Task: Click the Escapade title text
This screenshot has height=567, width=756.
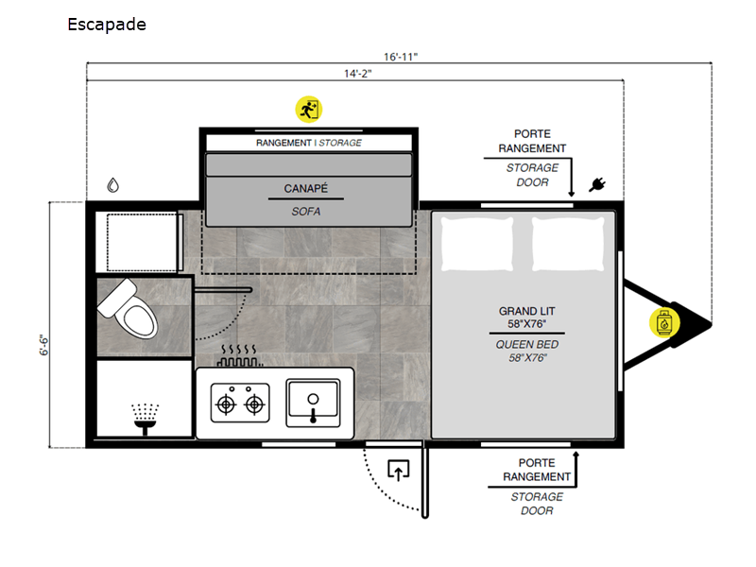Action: coord(107,25)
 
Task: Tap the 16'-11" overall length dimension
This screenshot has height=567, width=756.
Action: coord(400,57)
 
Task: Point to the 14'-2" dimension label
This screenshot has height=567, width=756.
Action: coord(357,74)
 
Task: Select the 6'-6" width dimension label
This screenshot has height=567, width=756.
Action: coord(44,345)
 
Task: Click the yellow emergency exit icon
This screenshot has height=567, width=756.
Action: coord(309,110)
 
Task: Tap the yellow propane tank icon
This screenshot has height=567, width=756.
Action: coord(664,322)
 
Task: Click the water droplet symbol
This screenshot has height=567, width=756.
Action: coord(112,185)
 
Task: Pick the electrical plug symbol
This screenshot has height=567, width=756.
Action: coord(597,184)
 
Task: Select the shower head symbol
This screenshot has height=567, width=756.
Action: coord(146,419)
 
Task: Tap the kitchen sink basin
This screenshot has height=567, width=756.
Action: coord(313,403)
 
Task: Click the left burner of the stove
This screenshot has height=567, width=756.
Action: coord(226,404)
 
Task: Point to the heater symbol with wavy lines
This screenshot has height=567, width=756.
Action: coord(239,356)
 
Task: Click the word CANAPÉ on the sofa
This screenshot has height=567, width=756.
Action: coord(305,188)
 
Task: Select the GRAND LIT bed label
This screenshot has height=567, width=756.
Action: coord(526,311)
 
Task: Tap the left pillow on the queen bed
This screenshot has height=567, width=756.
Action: coord(477,243)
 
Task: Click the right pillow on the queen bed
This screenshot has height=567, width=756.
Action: coord(568,243)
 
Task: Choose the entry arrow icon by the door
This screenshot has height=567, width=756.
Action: coord(398,470)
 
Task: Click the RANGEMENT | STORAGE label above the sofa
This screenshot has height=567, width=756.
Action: coord(309,143)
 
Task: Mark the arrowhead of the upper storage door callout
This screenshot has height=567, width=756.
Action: coord(572,194)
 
